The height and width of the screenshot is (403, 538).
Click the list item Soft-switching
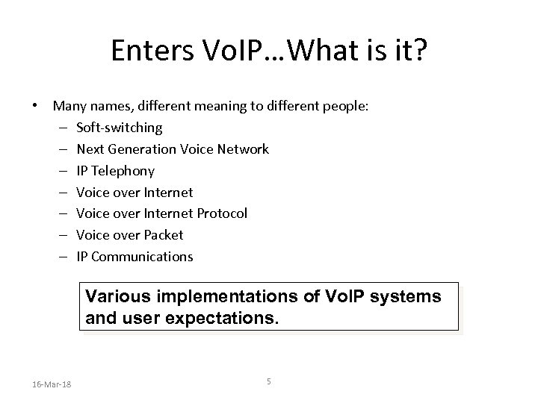[x=119, y=128]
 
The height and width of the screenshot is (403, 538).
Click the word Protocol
[x=222, y=213]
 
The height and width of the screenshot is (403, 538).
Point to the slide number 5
[x=268, y=382]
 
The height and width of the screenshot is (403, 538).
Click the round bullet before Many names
[x=34, y=106]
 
